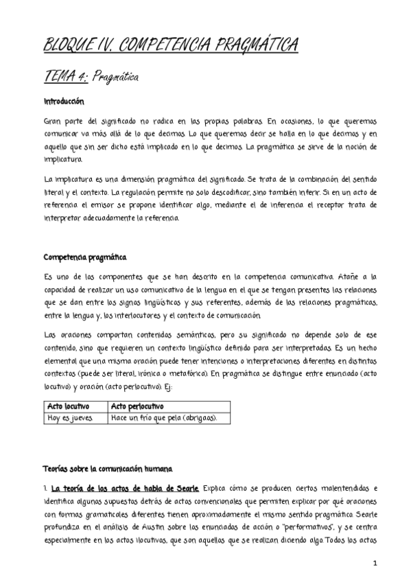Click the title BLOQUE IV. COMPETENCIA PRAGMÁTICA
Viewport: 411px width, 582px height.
pos(170,46)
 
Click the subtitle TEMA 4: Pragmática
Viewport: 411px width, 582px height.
pos(91,78)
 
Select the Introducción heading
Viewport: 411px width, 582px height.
pos(63,102)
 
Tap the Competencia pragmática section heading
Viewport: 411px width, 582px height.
pos(84,257)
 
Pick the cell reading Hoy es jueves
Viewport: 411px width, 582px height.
pos(69,418)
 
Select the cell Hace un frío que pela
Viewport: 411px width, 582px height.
pos(164,418)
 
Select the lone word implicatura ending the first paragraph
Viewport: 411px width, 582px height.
pos(62,160)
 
